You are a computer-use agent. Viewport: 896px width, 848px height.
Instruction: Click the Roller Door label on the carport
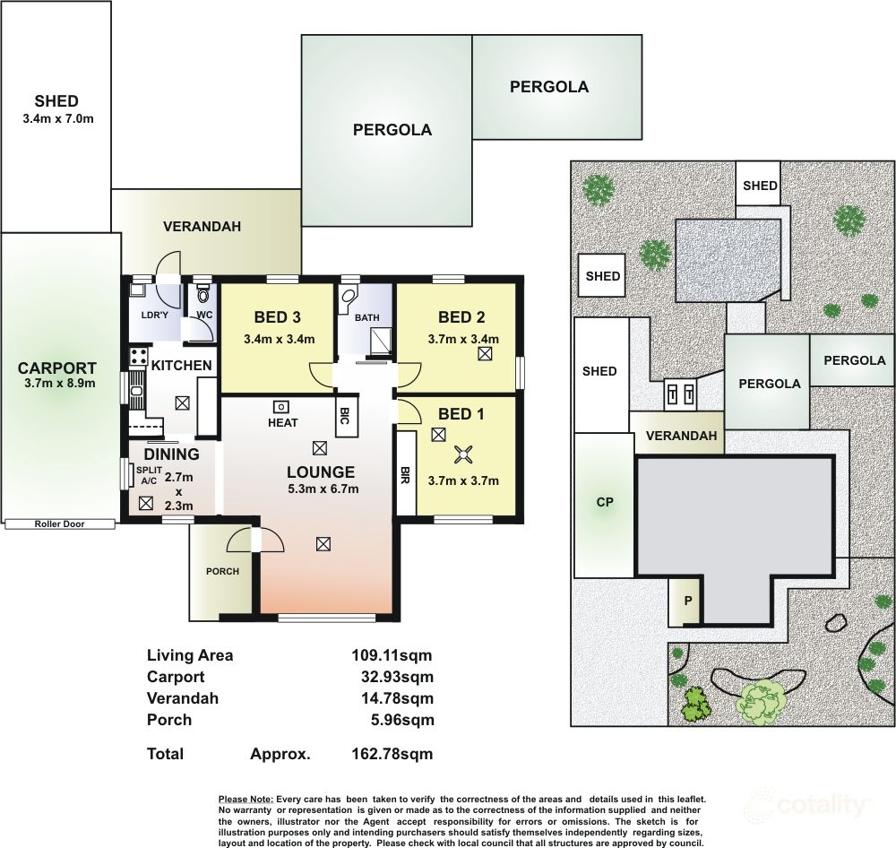[59, 524]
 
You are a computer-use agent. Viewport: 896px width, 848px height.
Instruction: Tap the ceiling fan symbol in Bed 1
[461, 455]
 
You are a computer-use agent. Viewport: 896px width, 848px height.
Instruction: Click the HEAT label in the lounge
[283, 422]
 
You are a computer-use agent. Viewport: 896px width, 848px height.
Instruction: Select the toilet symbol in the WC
[202, 293]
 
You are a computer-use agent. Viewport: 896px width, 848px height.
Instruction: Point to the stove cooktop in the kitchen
[139, 357]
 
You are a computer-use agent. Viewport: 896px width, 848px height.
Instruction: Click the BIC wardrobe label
[344, 416]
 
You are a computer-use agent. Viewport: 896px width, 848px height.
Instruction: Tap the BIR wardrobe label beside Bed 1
[405, 474]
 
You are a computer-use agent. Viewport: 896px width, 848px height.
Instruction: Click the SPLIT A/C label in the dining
[149, 475]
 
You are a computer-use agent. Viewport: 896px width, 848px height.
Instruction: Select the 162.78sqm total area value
[392, 754]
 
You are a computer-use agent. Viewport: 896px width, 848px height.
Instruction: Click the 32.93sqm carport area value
[397, 677]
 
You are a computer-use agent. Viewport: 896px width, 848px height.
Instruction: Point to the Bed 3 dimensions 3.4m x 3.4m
[280, 339]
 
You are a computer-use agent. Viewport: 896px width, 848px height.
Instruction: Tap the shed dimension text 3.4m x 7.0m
[58, 119]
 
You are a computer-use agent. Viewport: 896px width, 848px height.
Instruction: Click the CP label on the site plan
[605, 502]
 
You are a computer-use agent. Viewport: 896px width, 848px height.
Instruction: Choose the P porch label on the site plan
[688, 601]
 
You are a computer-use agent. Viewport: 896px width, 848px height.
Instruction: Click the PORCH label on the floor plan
[222, 571]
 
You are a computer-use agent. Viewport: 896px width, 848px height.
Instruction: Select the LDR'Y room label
[154, 315]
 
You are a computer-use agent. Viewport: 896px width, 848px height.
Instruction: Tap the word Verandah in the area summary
[182, 698]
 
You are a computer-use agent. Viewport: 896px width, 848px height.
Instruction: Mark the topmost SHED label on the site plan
[760, 186]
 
